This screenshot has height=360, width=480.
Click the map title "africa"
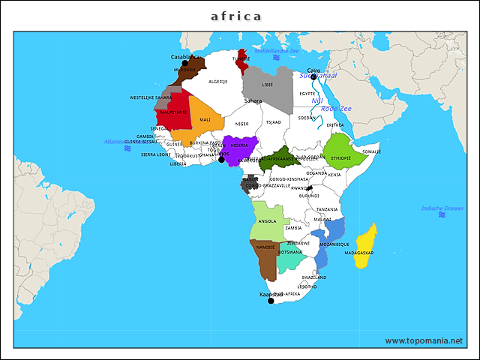tap(236, 16)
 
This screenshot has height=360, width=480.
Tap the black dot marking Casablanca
tap(185, 64)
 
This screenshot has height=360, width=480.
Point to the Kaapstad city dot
tap(271, 301)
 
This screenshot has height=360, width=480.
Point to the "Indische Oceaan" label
tap(442, 208)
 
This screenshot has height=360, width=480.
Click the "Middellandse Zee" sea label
tap(277, 51)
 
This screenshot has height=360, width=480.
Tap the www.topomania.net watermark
tap(424, 340)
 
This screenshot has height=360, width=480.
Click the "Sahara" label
tap(253, 100)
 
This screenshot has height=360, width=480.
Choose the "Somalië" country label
tap(372, 151)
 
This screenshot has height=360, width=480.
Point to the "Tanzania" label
tap(327, 209)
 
